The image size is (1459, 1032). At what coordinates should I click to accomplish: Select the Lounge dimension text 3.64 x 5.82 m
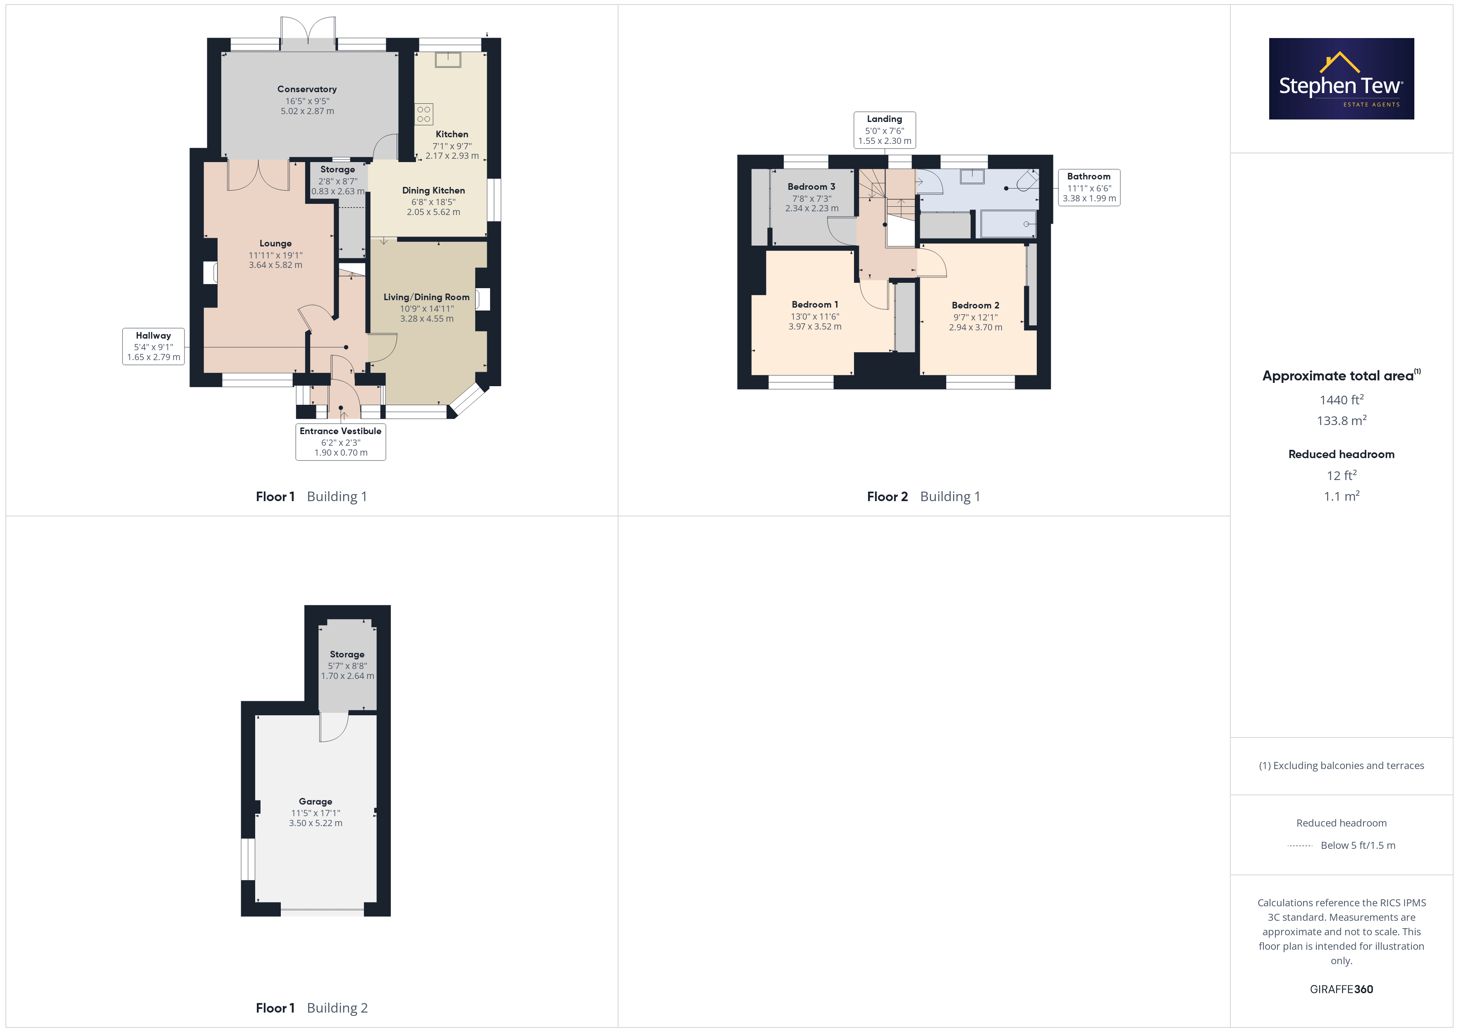(275, 265)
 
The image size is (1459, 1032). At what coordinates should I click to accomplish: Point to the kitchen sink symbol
(447, 60)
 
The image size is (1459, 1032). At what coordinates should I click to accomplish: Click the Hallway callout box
(153, 346)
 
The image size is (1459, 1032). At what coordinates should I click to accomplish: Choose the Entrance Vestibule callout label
(341, 442)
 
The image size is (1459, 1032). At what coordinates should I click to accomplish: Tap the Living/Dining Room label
(426, 297)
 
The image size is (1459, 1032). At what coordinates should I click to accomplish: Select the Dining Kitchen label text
(433, 191)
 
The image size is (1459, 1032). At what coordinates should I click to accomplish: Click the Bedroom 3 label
(811, 187)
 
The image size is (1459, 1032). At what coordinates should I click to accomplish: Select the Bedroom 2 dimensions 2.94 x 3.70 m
(976, 328)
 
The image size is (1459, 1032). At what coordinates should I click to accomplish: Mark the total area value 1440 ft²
(1342, 400)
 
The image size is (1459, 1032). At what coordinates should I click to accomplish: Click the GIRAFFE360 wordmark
(1342, 989)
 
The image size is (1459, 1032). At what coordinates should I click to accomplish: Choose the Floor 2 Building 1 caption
(923, 497)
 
